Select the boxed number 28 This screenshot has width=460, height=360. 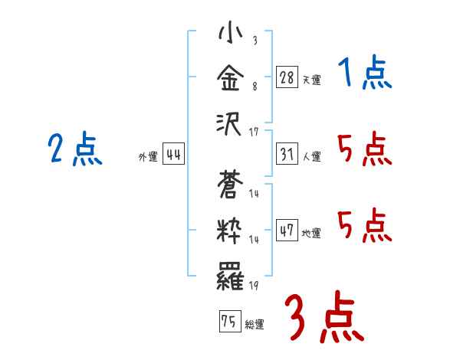tap(287, 77)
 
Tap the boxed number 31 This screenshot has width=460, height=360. tap(287, 153)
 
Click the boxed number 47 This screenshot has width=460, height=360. tap(287, 230)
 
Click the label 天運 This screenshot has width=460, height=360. tap(312, 80)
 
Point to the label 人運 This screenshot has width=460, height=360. tap(312, 156)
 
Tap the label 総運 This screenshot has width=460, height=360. tap(255, 325)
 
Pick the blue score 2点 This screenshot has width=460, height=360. tap(74, 149)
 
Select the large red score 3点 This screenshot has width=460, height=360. tap(324, 319)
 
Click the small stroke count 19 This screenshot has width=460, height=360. tap(254, 285)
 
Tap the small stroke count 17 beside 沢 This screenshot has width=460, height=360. tap(254, 133)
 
